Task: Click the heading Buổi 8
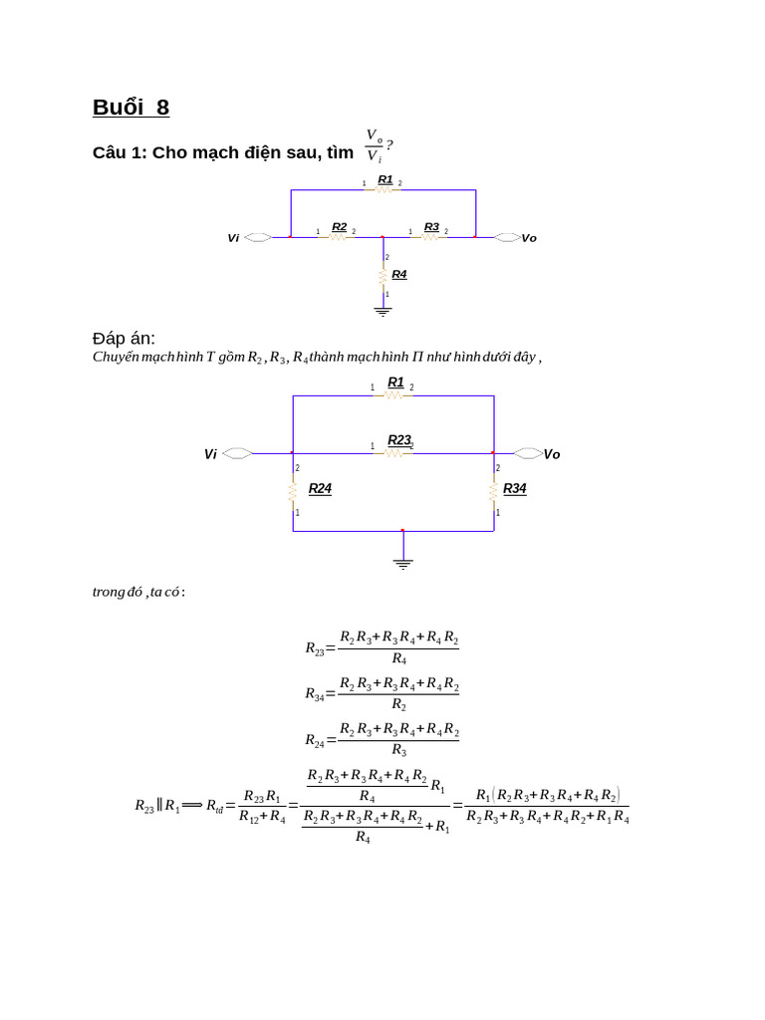[x=130, y=108]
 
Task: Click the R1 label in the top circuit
[x=385, y=179]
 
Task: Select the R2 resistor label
[x=339, y=227]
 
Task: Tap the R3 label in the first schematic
[x=431, y=227]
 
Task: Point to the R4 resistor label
[x=399, y=274]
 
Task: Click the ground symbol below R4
[x=382, y=312]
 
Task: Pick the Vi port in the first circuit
[x=257, y=238]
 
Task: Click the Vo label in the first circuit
[x=529, y=238]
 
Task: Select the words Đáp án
[x=124, y=339]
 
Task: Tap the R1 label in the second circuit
[x=395, y=382]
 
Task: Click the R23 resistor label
[x=399, y=439]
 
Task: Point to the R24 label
[x=320, y=489]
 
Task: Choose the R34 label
[x=514, y=489]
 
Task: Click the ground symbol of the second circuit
[x=402, y=563]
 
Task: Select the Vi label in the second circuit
[x=210, y=454]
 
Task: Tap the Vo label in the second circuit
[x=552, y=454]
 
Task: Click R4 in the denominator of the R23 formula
[x=398, y=658]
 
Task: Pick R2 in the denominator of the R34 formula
[x=398, y=705]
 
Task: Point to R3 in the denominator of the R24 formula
[x=398, y=750]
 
